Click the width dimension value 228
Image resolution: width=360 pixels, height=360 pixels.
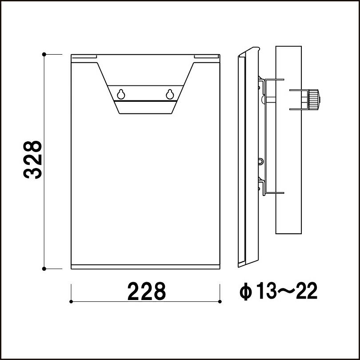pos(147,292)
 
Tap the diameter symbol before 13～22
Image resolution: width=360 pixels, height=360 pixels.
pos(245,292)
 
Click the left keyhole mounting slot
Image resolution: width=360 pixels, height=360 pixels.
pos(120,94)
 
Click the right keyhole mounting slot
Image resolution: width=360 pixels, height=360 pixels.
pos(169,94)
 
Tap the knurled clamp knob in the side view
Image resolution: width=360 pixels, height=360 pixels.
pos(314,99)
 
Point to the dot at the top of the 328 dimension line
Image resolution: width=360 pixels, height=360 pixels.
pos(44,54)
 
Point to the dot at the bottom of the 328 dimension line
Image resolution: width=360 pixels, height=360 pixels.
pos(44,268)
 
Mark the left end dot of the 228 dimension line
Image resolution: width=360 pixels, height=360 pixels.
pos(72,301)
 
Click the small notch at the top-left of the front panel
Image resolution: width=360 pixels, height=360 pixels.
pos(84,56)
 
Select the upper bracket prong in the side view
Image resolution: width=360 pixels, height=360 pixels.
pos(272,80)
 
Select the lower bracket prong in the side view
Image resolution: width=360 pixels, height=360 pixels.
pos(272,192)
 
